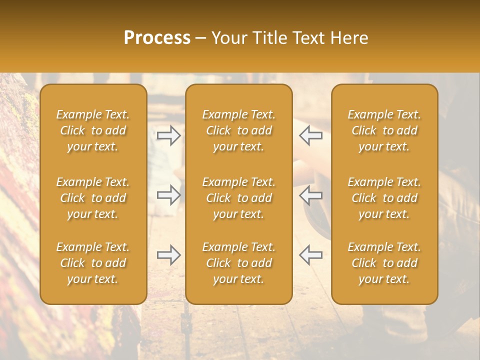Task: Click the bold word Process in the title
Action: [x=157, y=38]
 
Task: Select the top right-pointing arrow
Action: [x=169, y=135]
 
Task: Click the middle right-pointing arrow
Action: [x=169, y=195]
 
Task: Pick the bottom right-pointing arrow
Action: [x=169, y=255]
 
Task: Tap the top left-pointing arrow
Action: [x=310, y=135]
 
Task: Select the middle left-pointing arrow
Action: [x=310, y=195]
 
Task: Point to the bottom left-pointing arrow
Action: [x=310, y=255]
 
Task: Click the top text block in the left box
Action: [x=93, y=130]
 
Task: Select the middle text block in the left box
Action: [x=93, y=198]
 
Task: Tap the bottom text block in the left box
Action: [x=93, y=263]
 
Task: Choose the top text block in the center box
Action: [x=239, y=130]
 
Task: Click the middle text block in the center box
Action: [x=239, y=198]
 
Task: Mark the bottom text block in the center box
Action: [x=239, y=263]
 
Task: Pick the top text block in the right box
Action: [x=384, y=130]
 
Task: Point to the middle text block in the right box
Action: [x=384, y=198]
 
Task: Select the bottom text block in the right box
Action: [x=384, y=263]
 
